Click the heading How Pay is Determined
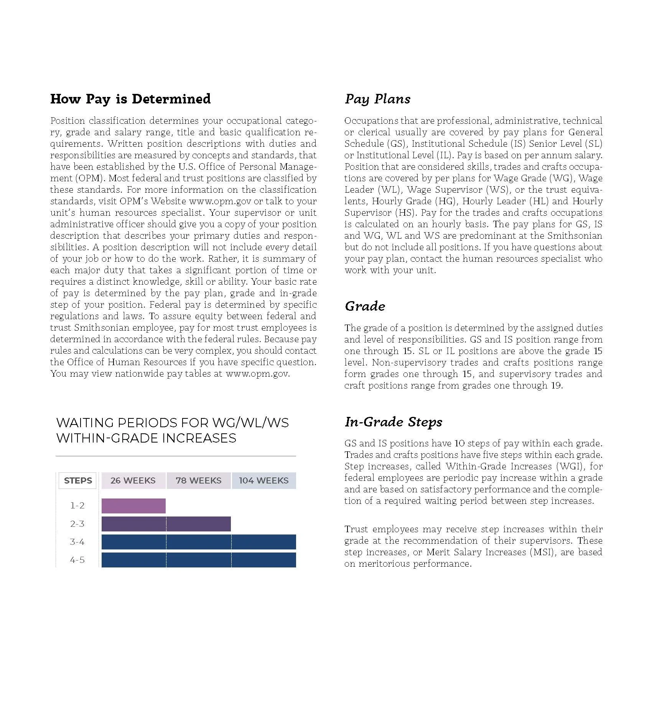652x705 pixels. (x=130, y=99)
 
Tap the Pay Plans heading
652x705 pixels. (x=377, y=99)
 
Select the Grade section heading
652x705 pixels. (x=365, y=306)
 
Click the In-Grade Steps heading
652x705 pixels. (x=393, y=422)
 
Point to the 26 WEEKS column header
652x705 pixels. (x=133, y=480)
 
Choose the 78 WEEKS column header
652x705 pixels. (x=199, y=480)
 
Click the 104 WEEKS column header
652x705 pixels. (x=264, y=480)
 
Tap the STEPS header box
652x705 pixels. (x=78, y=480)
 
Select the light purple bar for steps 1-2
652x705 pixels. (x=133, y=506)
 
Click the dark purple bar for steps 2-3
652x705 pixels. (x=166, y=524)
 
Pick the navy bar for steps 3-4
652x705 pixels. (x=199, y=542)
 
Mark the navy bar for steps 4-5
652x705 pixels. (x=199, y=560)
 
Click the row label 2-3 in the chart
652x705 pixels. (x=77, y=524)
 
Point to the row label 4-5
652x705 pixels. (x=77, y=560)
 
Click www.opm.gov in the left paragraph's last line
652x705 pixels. (x=257, y=374)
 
